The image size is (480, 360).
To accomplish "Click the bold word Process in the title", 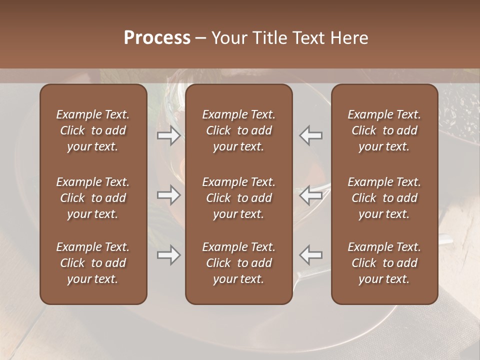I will (157, 38).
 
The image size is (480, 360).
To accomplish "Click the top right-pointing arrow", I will (168, 135).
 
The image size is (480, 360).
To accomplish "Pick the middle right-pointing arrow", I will (168, 195).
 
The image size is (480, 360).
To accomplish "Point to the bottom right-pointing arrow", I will (168, 255).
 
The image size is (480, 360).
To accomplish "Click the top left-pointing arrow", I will (310, 135).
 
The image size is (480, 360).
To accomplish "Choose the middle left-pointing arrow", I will (310, 195).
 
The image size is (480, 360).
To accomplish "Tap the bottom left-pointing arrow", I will (310, 255).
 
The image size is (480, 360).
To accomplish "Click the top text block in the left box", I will (93, 130).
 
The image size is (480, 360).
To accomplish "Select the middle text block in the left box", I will (93, 198).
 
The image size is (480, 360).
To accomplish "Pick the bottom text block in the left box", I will (93, 263).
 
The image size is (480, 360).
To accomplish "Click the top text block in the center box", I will (238, 130).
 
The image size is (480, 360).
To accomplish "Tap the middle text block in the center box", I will (238, 198).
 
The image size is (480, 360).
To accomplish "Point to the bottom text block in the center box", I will (238, 263).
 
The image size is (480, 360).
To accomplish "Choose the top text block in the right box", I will (384, 130).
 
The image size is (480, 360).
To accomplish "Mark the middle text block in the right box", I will (384, 198).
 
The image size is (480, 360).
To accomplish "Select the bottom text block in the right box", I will (384, 263).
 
